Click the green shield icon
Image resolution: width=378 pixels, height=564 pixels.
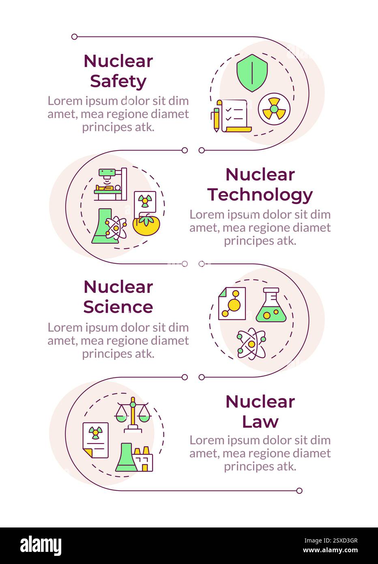tap(252, 73)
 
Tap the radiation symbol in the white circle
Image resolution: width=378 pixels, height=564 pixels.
tap(274, 109)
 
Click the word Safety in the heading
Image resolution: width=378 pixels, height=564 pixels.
tap(118, 81)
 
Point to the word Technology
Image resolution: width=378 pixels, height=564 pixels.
tap(260, 195)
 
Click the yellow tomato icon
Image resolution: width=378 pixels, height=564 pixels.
tap(144, 225)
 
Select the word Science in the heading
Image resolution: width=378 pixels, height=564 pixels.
tap(118, 307)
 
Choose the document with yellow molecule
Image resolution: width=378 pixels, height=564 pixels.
tap(232, 304)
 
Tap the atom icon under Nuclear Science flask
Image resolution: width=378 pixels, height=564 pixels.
tap(251, 343)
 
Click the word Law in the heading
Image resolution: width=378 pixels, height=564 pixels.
tap(260, 422)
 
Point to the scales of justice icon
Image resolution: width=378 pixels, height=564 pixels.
tap(132, 413)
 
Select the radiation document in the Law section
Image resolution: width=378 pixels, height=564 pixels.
tap(96, 440)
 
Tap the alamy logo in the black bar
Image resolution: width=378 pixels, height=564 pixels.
tap(41, 546)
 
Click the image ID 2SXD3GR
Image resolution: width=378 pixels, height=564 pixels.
tap(337, 540)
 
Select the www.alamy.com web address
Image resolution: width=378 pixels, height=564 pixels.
tap(331, 551)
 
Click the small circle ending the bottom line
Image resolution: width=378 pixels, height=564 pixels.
tap(299, 491)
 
